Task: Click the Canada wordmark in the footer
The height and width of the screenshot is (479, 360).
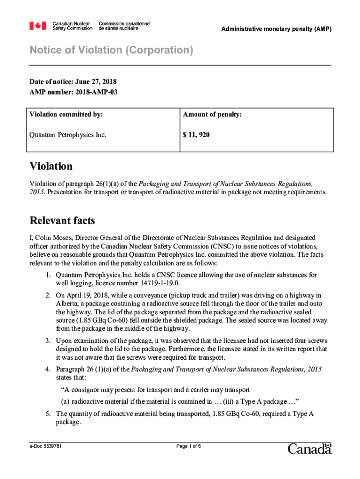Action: click(310, 449)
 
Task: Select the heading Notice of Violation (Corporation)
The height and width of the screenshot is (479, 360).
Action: click(111, 50)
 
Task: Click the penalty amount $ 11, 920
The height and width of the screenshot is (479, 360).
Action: click(196, 135)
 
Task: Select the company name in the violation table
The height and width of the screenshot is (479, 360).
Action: click(68, 135)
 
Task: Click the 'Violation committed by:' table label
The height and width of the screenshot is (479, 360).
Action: click(66, 114)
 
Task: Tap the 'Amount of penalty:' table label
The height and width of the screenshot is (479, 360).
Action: click(212, 114)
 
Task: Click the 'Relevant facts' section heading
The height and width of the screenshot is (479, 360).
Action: click(62, 220)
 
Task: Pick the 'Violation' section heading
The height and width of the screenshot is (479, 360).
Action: click(51, 166)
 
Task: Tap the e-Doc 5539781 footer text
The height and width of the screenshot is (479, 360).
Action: click(46, 446)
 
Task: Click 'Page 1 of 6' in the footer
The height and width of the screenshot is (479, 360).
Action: click(188, 446)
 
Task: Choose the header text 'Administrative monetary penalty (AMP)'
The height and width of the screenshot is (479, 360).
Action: click(276, 29)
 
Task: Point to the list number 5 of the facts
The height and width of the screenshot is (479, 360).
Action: click(48, 414)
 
